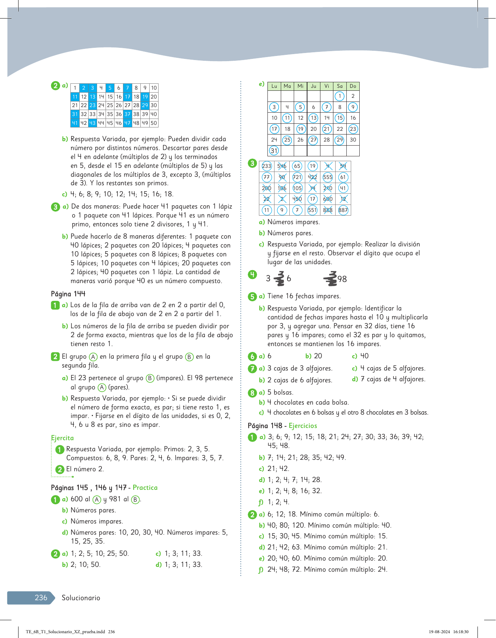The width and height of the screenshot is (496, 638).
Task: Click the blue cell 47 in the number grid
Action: (x=127, y=123)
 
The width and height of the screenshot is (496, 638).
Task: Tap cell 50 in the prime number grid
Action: (x=154, y=123)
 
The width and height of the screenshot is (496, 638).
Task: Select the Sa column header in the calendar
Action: (x=340, y=86)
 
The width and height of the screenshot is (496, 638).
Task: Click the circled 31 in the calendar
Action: (x=274, y=151)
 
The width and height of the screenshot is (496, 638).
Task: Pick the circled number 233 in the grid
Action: (x=266, y=166)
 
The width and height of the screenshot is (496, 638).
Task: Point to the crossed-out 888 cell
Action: (x=328, y=210)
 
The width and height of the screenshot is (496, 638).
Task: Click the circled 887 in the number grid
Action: (x=343, y=210)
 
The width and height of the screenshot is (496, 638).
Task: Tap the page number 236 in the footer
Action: (x=41, y=598)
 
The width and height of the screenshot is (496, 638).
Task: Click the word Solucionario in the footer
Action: (x=81, y=598)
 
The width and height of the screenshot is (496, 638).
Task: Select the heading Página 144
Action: (x=68, y=294)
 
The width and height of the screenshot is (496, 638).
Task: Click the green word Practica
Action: (x=145, y=488)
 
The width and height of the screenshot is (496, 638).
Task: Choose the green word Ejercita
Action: (x=62, y=438)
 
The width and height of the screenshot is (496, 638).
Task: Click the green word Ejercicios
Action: (x=303, y=426)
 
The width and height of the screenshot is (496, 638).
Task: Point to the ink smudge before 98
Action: (x=330, y=279)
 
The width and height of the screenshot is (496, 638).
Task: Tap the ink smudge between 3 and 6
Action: (x=279, y=279)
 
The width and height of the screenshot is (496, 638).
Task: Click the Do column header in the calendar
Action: (x=353, y=86)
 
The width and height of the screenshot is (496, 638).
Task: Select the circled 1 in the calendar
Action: (x=339, y=96)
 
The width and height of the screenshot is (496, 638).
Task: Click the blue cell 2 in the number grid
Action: (x=84, y=88)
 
